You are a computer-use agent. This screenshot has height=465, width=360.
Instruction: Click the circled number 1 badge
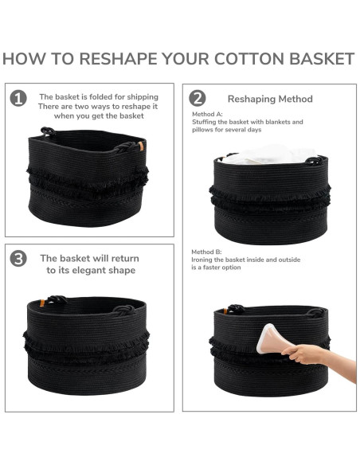point(18,99)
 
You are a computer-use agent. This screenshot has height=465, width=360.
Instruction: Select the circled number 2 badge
point(198,98)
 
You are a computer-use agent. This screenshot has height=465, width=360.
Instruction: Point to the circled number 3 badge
point(18,259)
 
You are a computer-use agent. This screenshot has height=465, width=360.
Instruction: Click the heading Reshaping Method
point(270,99)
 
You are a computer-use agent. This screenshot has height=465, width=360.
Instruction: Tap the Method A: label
point(207,114)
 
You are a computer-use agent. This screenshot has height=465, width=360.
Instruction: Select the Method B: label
point(206,252)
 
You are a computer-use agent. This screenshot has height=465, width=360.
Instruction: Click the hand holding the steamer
point(303,354)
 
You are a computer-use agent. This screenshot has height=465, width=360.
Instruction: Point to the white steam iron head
point(270,338)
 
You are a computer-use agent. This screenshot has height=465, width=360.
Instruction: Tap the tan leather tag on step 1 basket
point(140,147)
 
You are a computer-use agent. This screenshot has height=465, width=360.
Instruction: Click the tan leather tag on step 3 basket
point(42,303)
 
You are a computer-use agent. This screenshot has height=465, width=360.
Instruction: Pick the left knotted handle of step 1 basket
point(48,131)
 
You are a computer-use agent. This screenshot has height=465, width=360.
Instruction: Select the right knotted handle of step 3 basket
point(123,311)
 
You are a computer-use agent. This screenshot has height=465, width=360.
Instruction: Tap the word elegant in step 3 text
point(95,271)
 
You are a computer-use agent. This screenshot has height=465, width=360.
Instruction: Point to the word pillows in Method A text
point(202,130)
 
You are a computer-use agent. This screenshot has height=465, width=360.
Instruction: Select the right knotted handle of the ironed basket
point(316,313)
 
